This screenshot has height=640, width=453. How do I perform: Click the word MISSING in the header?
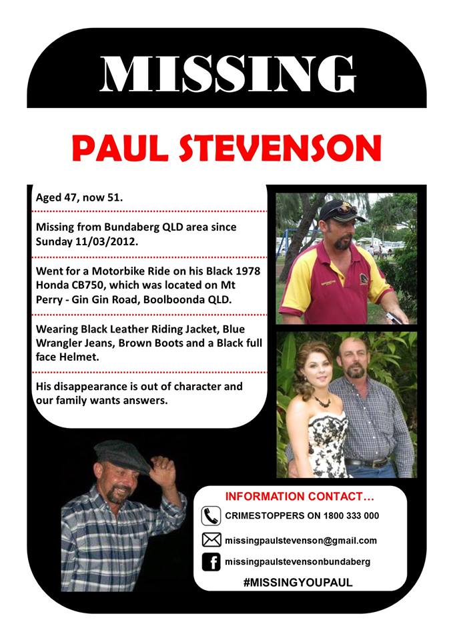click(227, 73)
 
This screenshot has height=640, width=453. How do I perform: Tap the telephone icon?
click(211, 516)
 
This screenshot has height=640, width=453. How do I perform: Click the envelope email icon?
click(211, 540)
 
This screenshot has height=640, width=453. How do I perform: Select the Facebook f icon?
click(211, 563)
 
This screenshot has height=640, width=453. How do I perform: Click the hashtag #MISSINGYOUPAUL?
click(298, 583)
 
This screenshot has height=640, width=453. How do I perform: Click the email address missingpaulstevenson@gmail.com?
click(301, 541)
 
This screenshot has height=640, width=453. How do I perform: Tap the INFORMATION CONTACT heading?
click(300, 497)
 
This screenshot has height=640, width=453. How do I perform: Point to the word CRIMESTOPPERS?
click(260, 516)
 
